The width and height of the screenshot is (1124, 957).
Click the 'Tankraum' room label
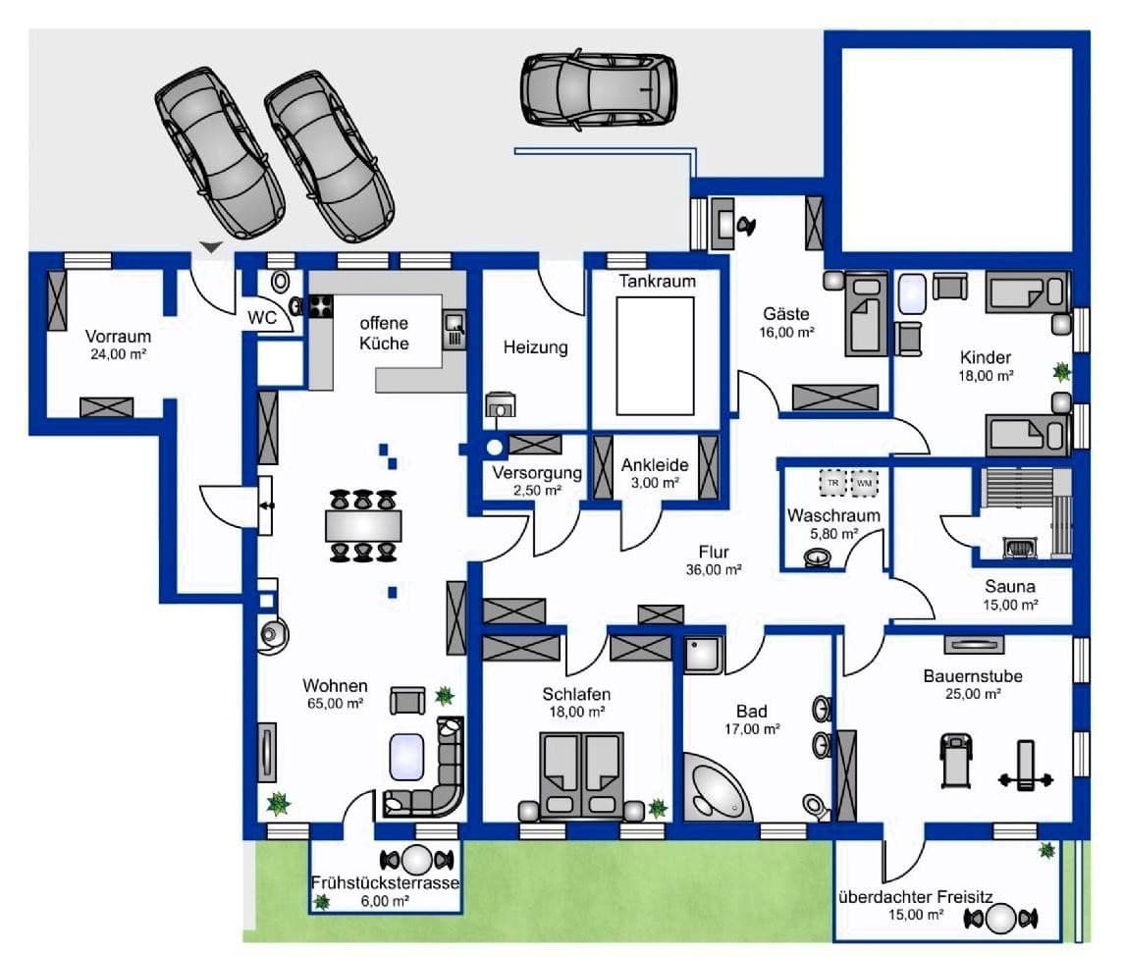[657, 282]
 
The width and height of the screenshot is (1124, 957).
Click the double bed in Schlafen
[583, 775]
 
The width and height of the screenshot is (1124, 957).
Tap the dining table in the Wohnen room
[363, 526]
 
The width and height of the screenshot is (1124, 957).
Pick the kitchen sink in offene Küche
[454, 329]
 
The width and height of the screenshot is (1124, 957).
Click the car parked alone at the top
[599, 89]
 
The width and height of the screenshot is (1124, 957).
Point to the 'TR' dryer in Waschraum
[832, 484]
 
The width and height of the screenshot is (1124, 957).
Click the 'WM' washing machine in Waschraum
[865, 484]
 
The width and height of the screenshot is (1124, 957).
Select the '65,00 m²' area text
[334, 704]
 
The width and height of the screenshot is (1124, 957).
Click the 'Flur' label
[713, 552]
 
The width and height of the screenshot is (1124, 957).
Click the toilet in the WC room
[281, 281]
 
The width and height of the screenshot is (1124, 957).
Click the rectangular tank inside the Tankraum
[655, 354]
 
